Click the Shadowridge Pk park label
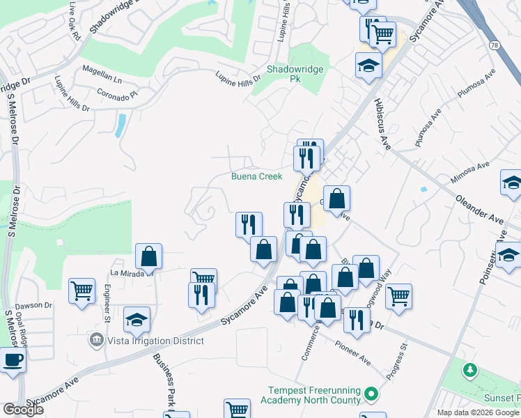coord(287,75)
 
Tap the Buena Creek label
coord(257,176)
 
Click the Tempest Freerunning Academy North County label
coord(311,395)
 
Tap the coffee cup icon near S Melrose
coord(13,360)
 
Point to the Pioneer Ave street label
coord(352,353)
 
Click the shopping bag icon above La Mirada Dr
coord(149,256)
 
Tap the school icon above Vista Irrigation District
coord(137,319)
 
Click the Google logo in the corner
coord(23,410)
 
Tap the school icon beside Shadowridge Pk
coord(368,65)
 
